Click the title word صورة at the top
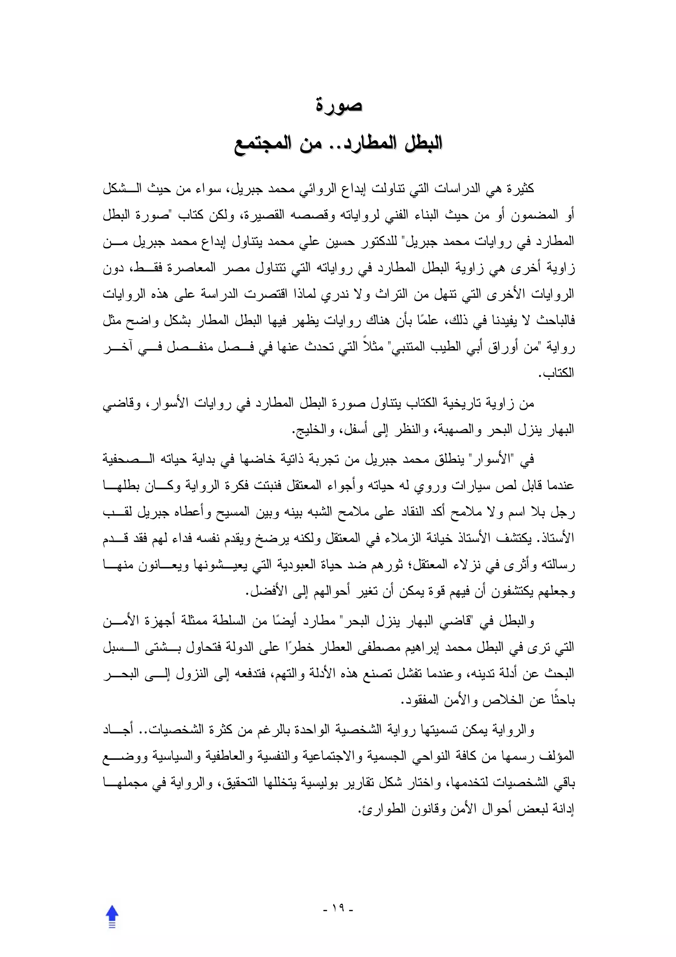click(x=338, y=105)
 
